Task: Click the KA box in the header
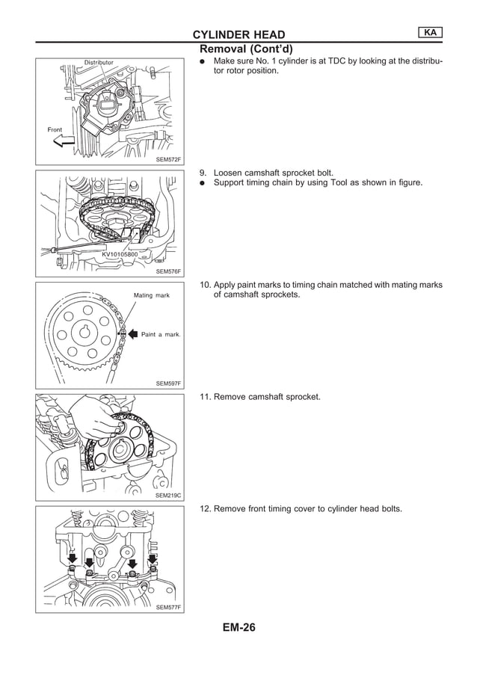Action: coord(430,32)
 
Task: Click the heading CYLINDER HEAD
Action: coord(238,35)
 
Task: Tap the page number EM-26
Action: coord(238,628)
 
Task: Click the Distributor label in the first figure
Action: coord(99,62)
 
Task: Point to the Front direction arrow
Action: coord(64,141)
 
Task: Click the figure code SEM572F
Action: coord(168,159)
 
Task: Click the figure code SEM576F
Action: coord(168,271)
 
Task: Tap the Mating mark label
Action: coord(152,295)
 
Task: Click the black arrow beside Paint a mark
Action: coord(132,334)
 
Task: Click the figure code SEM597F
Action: coord(168,383)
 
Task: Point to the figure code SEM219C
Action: coord(168,495)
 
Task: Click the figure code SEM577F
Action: coord(168,607)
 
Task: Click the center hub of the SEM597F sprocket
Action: coord(85,332)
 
